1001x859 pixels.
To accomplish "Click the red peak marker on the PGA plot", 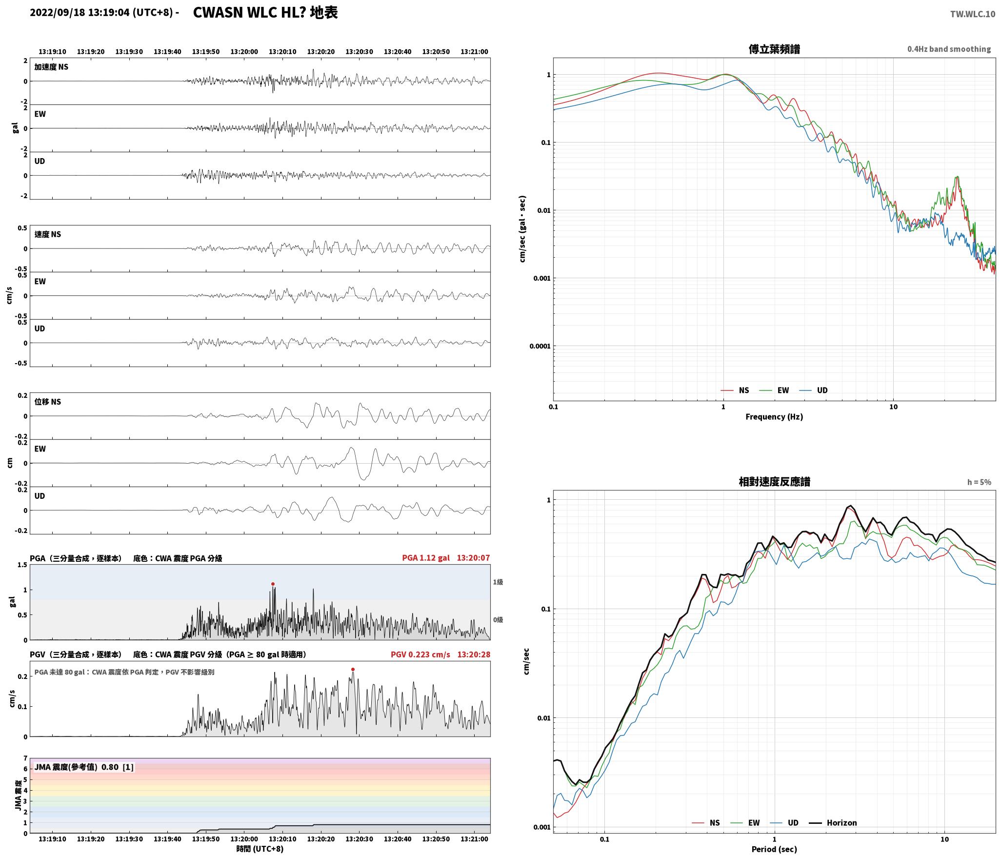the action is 273,584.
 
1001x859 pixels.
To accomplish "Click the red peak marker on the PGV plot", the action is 353,669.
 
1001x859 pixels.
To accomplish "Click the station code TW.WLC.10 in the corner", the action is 972,14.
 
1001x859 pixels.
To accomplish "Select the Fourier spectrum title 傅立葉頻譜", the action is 774,49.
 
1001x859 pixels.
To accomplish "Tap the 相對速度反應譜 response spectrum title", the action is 774,482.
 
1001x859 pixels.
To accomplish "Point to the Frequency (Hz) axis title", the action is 774,416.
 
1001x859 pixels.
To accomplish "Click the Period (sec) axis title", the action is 774,849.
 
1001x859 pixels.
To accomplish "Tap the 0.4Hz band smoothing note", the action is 949,49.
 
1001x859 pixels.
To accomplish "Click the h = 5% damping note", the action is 979,482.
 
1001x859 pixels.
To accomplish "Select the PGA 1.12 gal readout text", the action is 426,558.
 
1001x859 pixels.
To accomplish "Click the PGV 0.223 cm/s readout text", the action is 420,654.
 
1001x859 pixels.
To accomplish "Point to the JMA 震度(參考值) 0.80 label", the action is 77,767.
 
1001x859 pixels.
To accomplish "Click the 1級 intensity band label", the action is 498,582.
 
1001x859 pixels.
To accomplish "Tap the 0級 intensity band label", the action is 498,620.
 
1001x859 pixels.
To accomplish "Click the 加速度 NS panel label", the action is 51,67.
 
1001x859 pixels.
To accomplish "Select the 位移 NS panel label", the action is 48,402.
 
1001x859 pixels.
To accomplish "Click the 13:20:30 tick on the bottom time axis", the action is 360,839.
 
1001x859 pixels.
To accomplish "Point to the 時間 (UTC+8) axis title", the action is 260,849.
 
